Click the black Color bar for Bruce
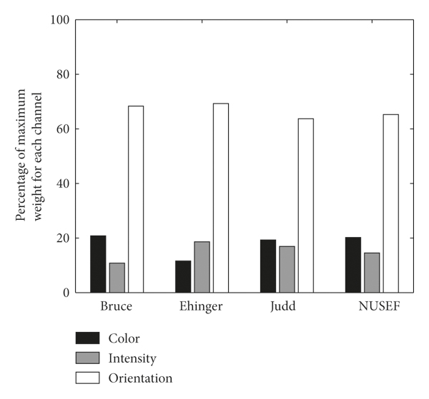(x=98, y=263)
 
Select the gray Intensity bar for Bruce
(x=117, y=278)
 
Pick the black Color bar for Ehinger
(x=183, y=276)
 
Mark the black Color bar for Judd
(x=267, y=266)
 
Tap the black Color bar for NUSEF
(x=352, y=265)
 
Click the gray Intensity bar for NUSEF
(x=371, y=273)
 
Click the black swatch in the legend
(x=87, y=338)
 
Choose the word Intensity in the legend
(x=132, y=358)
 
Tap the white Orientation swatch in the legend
(x=87, y=378)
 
